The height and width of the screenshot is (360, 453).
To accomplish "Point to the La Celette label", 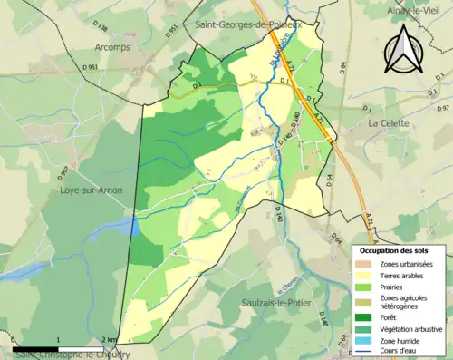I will (390, 121).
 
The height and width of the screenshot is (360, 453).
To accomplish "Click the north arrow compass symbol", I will (400, 51).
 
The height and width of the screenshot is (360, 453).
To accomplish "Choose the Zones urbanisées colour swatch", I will (367, 263).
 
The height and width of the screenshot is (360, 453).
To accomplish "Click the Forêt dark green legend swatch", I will (367, 316).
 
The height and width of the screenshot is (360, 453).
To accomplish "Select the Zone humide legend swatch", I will (367, 341).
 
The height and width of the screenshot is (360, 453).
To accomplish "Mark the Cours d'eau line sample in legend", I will (367, 353).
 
